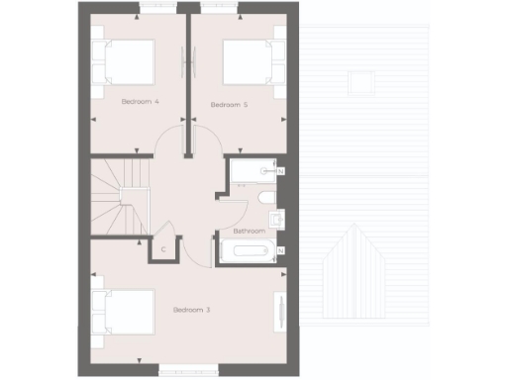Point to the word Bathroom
click(249, 231)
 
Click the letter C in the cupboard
click(163, 249)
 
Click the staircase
click(120, 197)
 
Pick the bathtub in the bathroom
click(248, 250)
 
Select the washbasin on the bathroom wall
click(276, 220)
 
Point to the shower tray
click(252, 173)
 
